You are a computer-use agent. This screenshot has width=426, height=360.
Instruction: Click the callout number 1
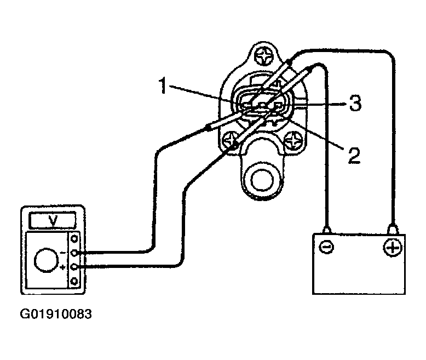[163, 85]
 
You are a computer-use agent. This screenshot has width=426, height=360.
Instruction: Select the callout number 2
[354, 155]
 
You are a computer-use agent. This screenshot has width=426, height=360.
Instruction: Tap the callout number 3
[355, 103]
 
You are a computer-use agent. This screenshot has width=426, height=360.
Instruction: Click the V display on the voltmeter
[53, 220]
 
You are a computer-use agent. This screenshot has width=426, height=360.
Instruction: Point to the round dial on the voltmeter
[46, 260]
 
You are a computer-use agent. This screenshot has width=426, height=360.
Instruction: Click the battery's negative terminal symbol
[326, 247]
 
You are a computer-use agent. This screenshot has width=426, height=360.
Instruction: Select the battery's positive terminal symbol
[392, 248]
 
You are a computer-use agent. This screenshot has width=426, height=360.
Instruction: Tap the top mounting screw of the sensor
[263, 56]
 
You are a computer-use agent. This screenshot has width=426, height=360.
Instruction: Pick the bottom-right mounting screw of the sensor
[293, 141]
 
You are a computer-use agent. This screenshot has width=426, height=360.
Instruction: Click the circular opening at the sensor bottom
[262, 180]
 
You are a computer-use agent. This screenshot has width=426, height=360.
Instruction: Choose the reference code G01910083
[56, 314]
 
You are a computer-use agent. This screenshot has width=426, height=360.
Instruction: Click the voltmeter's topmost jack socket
[74, 239]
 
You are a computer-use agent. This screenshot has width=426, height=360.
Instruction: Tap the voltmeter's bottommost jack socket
[74, 281]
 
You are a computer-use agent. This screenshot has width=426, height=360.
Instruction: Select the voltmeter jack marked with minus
[74, 253]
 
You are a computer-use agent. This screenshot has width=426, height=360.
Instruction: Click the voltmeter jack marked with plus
[74, 267]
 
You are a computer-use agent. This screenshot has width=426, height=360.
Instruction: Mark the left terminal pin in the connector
[247, 105]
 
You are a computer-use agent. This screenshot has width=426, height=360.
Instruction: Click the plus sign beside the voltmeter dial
[63, 267]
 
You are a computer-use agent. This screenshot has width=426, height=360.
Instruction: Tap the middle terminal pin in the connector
[262, 105]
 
